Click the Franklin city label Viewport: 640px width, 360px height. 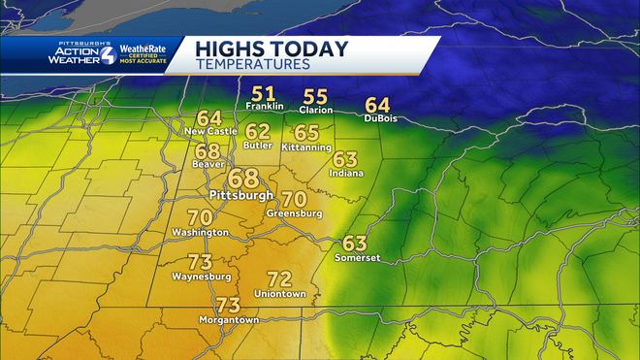point(265,107)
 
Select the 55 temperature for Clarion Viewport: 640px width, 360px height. point(316,96)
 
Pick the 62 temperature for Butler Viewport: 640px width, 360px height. point(257,131)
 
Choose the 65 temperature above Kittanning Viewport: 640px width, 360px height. point(306,133)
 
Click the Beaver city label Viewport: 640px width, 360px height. point(208,165)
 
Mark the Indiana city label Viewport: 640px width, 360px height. point(346,173)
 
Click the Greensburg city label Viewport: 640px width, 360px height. point(295,213)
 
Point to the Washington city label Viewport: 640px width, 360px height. point(200,232)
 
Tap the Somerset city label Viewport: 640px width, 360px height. point(357,257)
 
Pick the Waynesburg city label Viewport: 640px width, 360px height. point(201,276)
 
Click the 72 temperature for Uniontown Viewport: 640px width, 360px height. point(279,278)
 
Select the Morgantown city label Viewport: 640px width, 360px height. point(229,319)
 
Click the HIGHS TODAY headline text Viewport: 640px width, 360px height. point(257,49)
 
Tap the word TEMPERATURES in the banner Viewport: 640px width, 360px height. point(252,64)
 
